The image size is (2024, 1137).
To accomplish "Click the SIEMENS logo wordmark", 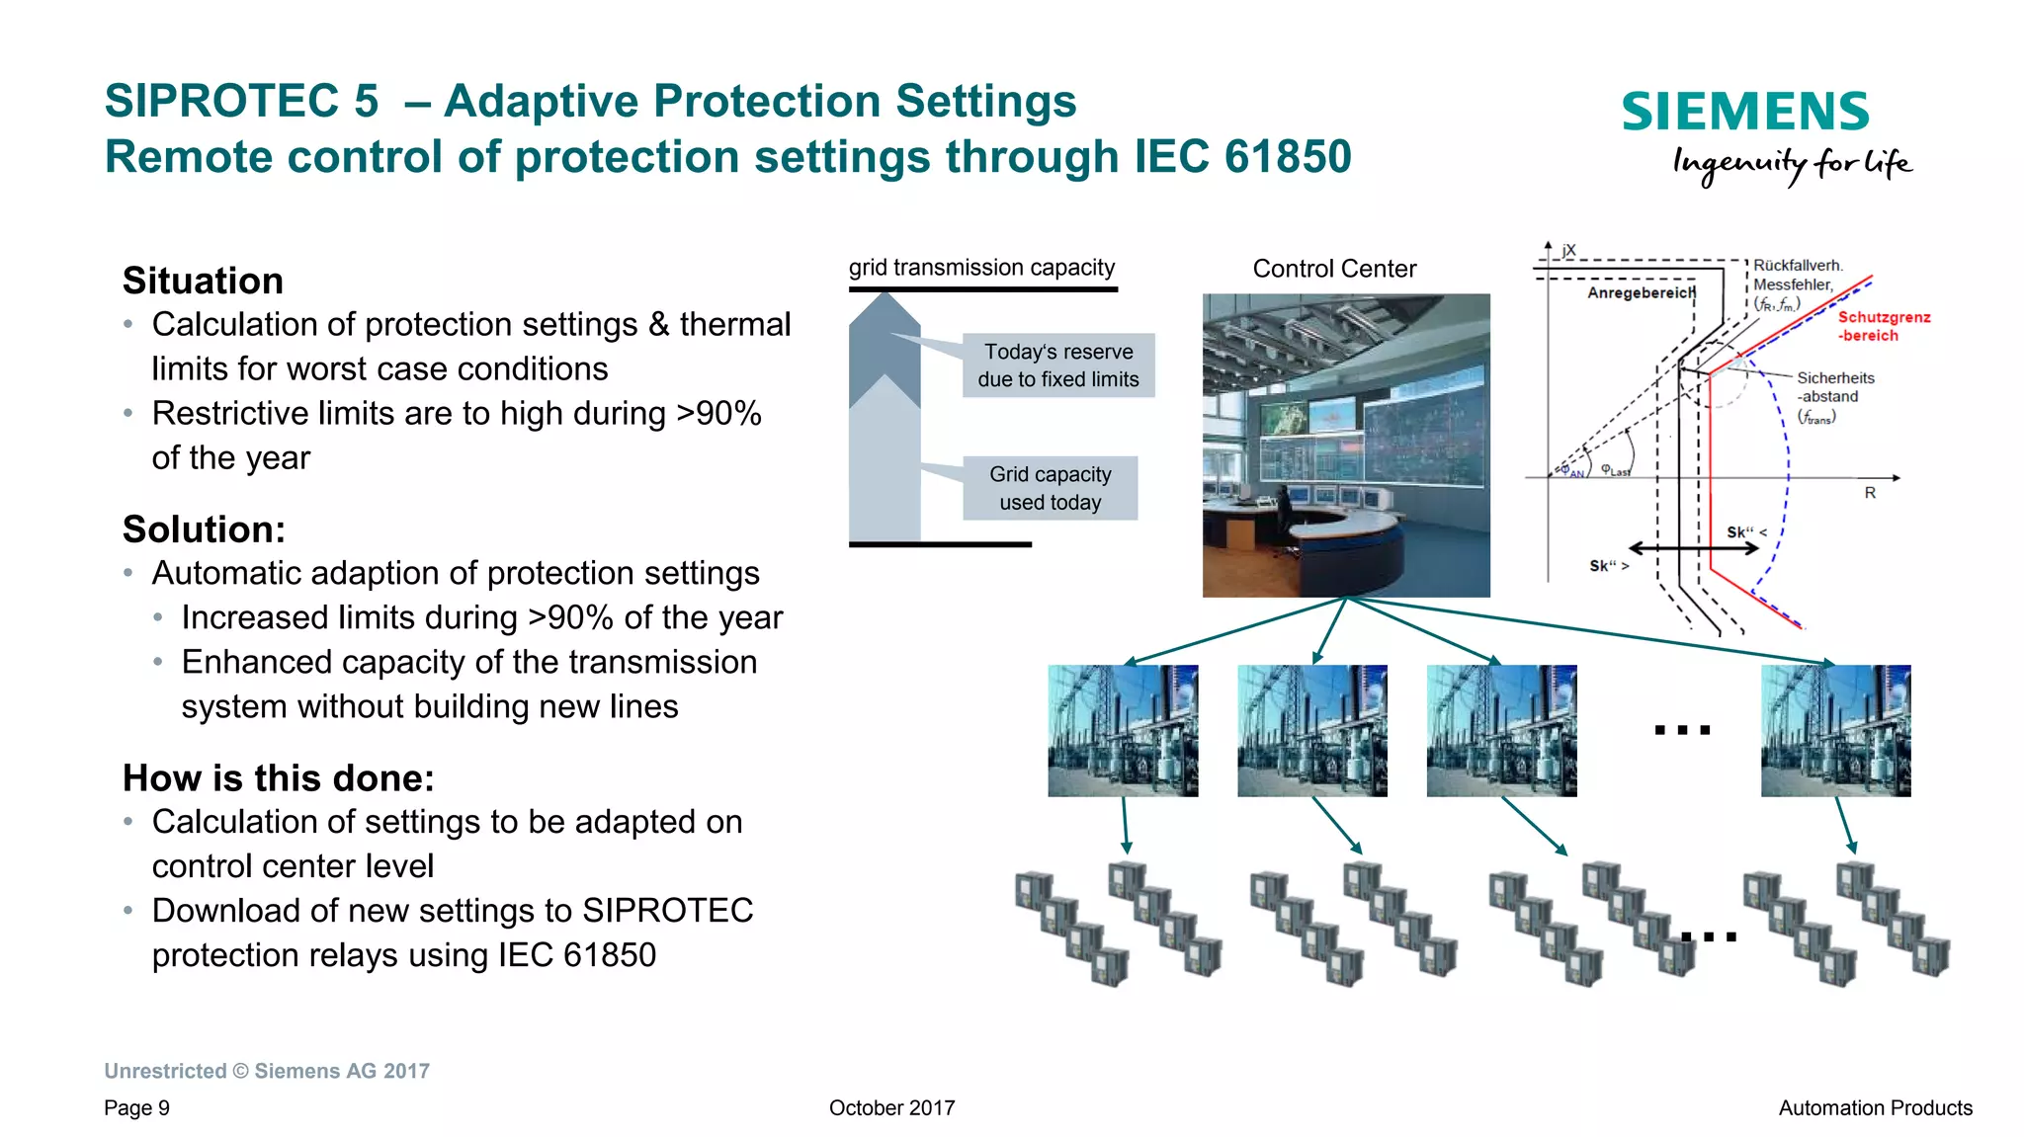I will [x=1744, y=112].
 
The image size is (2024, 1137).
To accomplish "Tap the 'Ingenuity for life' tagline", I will [x=1791, y=164].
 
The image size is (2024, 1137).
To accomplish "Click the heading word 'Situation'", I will [x=203, y=282].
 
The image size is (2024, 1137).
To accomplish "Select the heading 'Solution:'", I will [x=204, y=529].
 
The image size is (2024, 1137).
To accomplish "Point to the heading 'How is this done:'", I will [x=278, y=778].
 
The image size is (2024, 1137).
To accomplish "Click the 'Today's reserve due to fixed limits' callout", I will [x=1057, y=365].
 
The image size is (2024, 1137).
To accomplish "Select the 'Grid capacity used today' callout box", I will [x=1050, y=488].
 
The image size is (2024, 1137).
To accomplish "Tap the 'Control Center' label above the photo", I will [x=1333, y=269].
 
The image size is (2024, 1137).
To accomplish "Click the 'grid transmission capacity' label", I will [x=980, y=268].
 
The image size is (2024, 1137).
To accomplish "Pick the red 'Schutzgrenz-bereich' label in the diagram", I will [x=1882, y=326].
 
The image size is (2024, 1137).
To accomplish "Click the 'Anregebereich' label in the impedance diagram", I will [x=1641, y=292].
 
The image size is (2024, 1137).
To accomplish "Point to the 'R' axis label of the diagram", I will [x=1869, y=492].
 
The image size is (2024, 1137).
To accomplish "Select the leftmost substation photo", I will [x=1123, y=730].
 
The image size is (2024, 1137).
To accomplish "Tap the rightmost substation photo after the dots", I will [x=1835, y=730].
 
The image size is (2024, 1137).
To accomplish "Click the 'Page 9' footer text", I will [x=136, y=1108].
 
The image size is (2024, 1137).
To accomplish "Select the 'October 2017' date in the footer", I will [x=891, y=1108].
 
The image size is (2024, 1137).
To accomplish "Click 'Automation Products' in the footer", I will [x=1875, y=1108].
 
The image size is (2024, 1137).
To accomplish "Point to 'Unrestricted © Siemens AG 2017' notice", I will [x=267, y=1071].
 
